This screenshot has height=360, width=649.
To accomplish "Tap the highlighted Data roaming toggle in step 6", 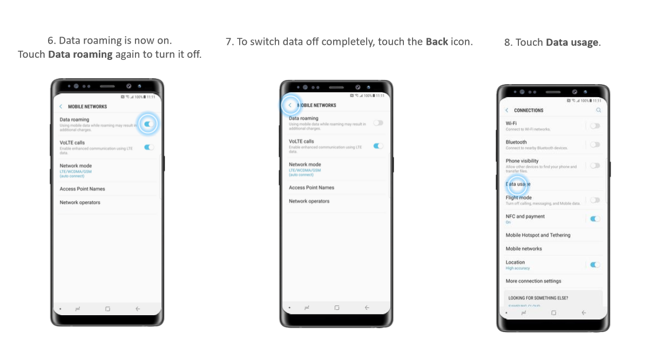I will coord(148,124).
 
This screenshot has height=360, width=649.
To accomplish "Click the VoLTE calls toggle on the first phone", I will coord(150,147).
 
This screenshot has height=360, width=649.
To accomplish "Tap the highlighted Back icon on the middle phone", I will coord(290,105).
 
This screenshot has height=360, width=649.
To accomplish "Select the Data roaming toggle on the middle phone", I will coord(378,123).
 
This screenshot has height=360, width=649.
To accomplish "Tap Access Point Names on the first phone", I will coord(83,189).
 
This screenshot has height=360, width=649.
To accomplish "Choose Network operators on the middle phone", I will coord(309,201).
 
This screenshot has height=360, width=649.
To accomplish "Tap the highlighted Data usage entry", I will coord(518,184).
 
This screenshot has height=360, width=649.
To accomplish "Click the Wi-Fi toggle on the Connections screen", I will coord(594,126).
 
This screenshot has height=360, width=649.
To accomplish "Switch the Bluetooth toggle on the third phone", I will coord(594,145).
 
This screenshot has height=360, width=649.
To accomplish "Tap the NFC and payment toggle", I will coord(595,219).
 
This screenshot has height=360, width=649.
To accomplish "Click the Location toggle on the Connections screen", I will coord(595,264).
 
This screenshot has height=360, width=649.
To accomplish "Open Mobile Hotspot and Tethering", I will coord(538,235).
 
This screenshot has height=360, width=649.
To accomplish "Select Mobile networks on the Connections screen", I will coord(524,249).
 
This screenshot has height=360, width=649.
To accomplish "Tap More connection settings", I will coord(533,281).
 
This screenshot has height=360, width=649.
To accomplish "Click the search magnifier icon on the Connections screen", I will coord(598,110).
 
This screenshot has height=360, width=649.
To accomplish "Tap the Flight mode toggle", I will coord(594,200).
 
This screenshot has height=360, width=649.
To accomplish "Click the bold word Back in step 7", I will coord(437,42).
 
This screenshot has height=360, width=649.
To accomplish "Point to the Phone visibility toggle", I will coord(594,166).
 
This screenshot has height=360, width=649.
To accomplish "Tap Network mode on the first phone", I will coord(76,166).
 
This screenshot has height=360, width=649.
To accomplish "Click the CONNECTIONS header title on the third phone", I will coord(529,111).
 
